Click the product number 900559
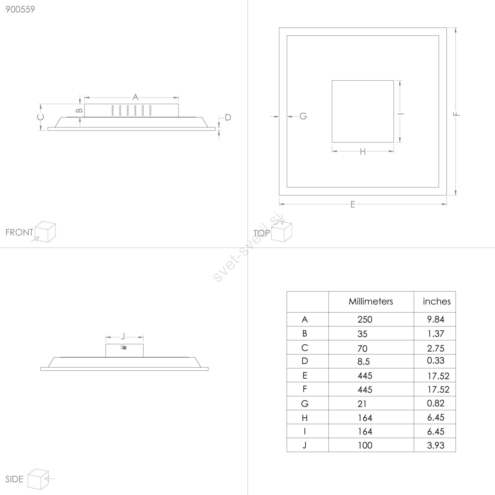tap(20, 9)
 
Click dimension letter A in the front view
tap(135, 97)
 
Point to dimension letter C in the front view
tap(41, 117)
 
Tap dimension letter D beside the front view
tap(228, 117)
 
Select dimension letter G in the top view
tap(303, 116)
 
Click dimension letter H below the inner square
tap(363, 152)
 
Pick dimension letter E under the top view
tap(353, 204)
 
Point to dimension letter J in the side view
tap(123, 336)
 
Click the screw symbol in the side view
tap(125, 348)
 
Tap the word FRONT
tap(19, 232)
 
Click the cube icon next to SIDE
tap(39, 479)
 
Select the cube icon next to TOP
tap(282, 231)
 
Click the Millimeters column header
tap(371, 301)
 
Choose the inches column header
tap(437, 301)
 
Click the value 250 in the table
tap(365, 320)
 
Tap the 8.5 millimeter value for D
tap(364, 361)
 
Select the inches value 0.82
tap(436, 403)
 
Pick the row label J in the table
tap(305, 445)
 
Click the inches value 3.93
tap(436, 445)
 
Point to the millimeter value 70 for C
tap(363, 349)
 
